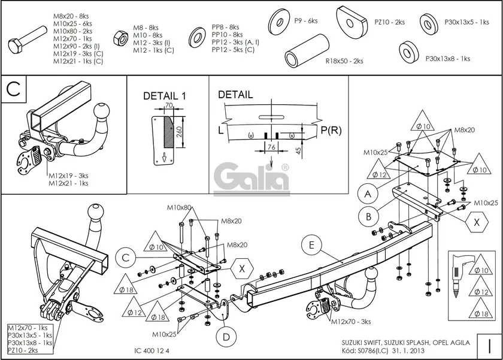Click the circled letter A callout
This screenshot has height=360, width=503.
pyautogui.click(x=368, y=193)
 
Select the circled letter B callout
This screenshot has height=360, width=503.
pyautogui.click(x=369, y=216)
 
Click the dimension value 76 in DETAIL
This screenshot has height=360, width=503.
pyautogui.click(x=271, y=146)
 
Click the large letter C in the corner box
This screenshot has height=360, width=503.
pyautogui.click(x=14, y=90)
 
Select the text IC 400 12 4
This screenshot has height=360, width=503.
pyautogui.click(x=152, y=350)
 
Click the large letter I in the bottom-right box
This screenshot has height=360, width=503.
pyautogui.click(x=490, y=346)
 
